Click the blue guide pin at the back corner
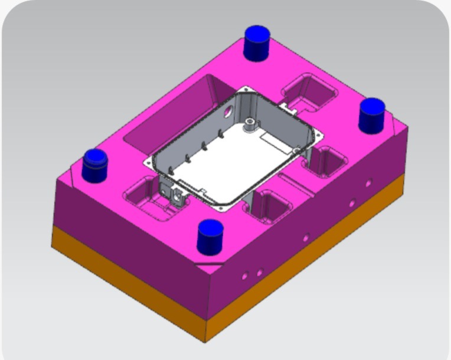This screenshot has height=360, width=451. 256,42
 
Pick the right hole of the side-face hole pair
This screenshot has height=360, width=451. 259,272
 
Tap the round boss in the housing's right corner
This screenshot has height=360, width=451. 296,150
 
